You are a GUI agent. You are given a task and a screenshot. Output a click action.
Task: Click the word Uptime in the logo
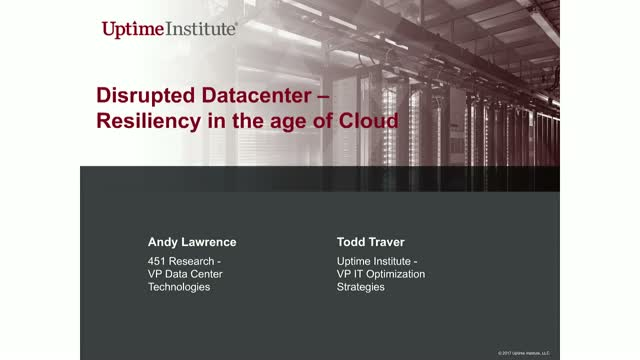133,29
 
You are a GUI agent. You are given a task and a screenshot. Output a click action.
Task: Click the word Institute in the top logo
201,29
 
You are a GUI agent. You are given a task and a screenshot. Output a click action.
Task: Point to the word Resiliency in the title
150,122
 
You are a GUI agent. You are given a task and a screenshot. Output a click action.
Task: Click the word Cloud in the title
367,122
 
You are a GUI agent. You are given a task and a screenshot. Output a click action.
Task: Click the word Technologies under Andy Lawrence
179,287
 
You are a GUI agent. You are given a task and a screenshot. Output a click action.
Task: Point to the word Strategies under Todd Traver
361,287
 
